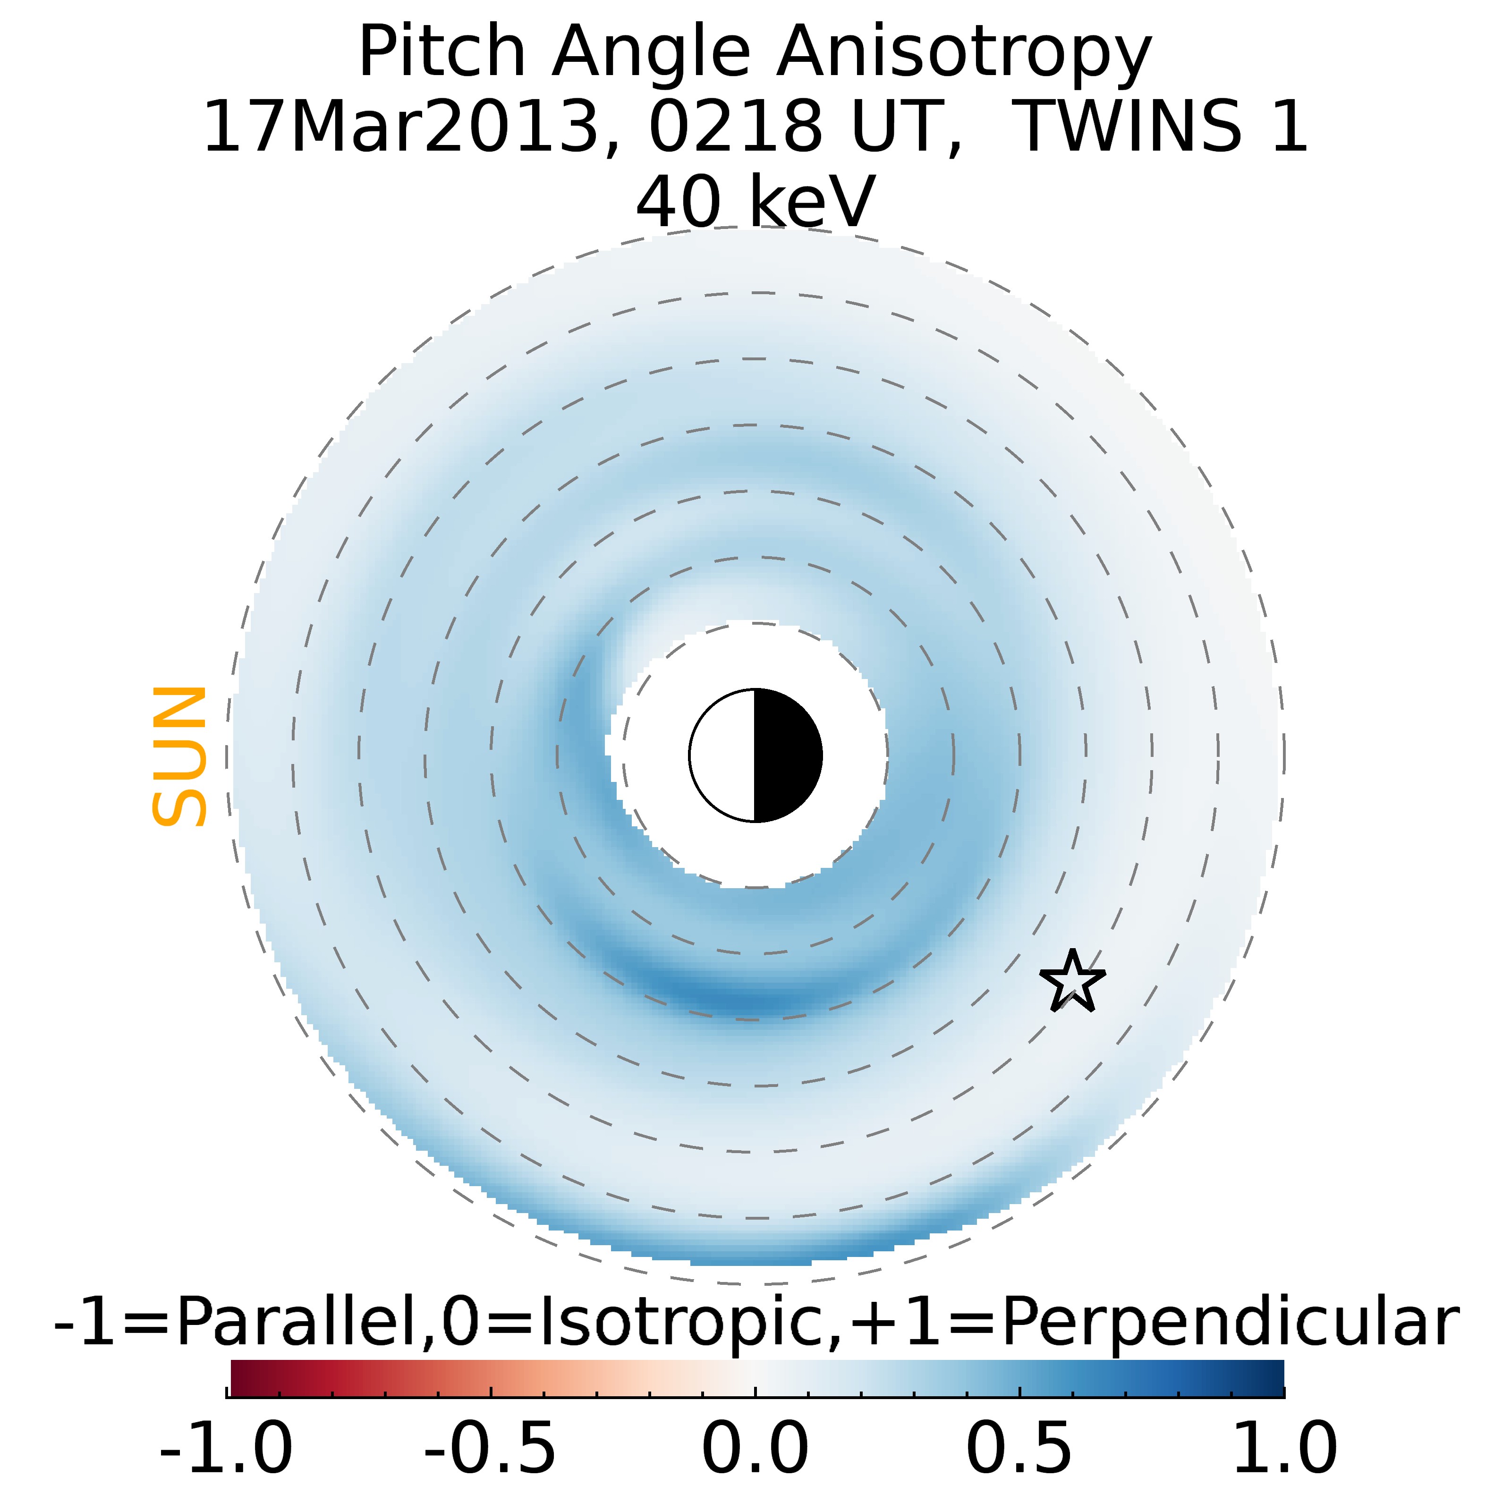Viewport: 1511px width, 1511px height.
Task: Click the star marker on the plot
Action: (1072, 982)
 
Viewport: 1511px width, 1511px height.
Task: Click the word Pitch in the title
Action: (442, 53)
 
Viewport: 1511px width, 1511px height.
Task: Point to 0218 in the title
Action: (735, 127)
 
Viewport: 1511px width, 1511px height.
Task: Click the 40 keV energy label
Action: (755, 202)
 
